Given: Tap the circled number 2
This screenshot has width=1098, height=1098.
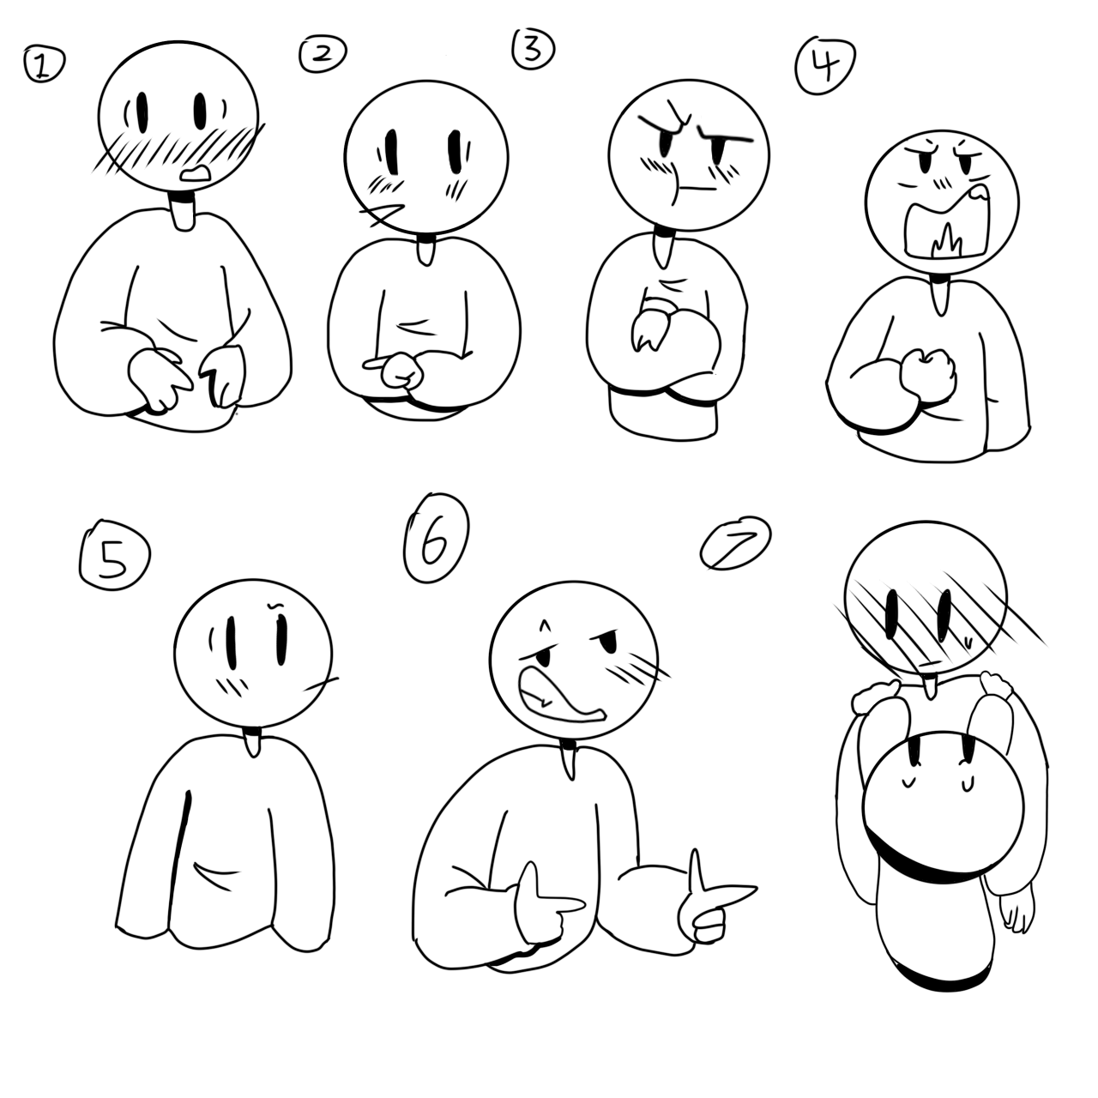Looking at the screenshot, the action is pyautogui.click(x=323, y=53).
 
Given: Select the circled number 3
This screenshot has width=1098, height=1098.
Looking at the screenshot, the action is pyautogui.click(x=533, y=49).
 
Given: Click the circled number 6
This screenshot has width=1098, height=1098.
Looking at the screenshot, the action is pyautogui.click(x=436, y=539).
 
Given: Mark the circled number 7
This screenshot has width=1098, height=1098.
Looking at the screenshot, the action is pyautogui.click(x=736, y=544).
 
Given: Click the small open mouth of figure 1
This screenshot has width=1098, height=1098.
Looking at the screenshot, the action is pyautogui.click(x=196, y=174).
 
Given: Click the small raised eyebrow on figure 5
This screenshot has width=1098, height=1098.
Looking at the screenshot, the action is pyautogui.click(x=275, y=604).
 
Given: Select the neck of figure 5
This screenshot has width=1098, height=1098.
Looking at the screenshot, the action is pyautogui.click(x=251, y=742).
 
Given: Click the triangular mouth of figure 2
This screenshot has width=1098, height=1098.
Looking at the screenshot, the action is pyautogui.click(x=383, y=214).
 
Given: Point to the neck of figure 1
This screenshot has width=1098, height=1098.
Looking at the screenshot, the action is pyautogui.click(x=184, y=211).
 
